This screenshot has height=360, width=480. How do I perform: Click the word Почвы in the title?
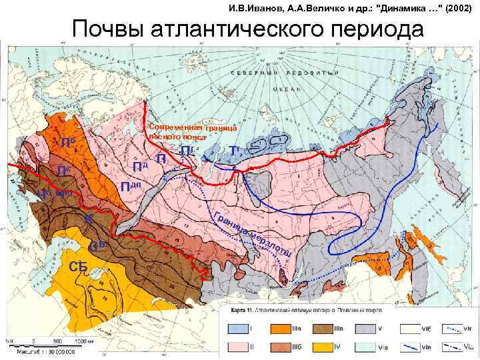coord(113,29)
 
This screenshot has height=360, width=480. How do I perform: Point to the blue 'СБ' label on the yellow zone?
coord(79,267)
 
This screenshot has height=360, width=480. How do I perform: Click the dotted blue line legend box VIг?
coord(453,329)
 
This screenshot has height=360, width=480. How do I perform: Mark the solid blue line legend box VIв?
coord(410,347)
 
